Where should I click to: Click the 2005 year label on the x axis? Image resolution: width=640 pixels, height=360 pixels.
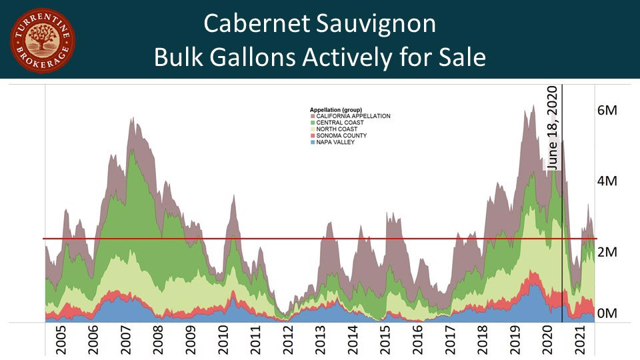tap(61, 341)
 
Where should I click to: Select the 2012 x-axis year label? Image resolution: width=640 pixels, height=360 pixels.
tap(287, 341)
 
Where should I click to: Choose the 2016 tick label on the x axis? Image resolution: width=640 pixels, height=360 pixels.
tap(417, 341)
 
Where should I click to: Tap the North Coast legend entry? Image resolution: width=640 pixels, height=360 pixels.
tap(335, 129)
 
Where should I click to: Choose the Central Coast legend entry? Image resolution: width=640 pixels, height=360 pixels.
tap(337, 123)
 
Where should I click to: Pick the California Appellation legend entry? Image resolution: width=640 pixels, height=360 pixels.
tap(350, 116)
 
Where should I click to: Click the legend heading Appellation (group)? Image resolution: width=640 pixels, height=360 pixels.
tap(340, 109)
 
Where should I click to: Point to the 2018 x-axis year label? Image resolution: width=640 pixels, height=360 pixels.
tap(482, 341)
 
